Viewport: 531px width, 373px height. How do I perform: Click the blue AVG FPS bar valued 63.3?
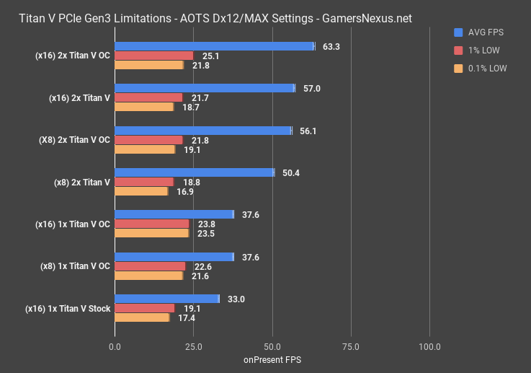[x=214, y=46]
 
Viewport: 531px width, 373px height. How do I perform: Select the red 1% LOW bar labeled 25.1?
[x=153, y=56]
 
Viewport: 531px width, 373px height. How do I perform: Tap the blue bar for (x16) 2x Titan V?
[x=204, y=88]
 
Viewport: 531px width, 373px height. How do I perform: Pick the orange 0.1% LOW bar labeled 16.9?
[x=140, y=191]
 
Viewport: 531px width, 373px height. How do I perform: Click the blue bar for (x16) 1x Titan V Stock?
[x=166, y=299]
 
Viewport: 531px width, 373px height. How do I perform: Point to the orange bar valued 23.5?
[x=151, y=233]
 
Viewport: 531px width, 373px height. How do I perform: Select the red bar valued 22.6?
[x=150, y=266]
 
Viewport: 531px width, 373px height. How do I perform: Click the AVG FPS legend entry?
[x=482, y=32]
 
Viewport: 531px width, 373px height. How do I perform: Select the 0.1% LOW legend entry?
[x=483, y=69]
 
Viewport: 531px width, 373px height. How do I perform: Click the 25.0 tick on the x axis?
[x=193, y=347]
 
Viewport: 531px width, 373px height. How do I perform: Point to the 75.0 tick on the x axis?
[x=351, y=347]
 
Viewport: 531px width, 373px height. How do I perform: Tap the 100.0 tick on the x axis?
[x=429, y=347]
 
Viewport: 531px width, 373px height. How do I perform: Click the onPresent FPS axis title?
[x=272, y=359]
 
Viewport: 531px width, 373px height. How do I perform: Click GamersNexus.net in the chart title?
[x=365, y=19]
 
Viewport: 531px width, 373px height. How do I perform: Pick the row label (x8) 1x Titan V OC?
[x=74, y=266]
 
